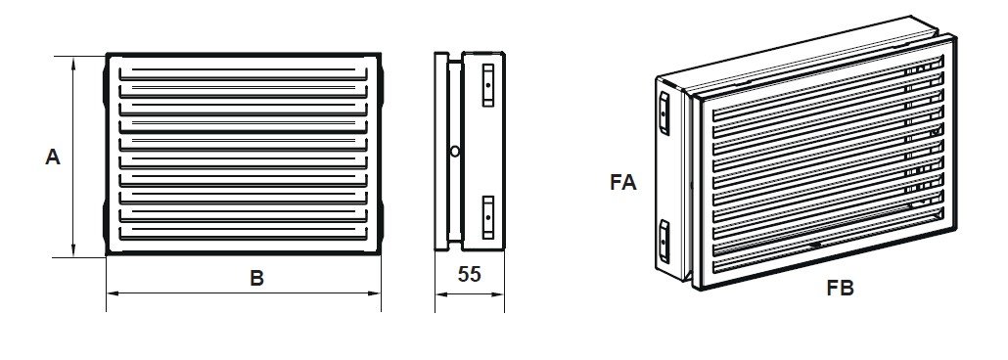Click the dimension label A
tap(53, 157)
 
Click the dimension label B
tap(256, 278)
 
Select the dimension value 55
tap(470, 275)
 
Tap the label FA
tap(623, 183)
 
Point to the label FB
tap(841, 289)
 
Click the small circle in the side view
tap(454, 152)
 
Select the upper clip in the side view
tap(488, 85)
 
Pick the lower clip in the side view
tap(488, 217)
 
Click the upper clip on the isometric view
tap(664, 113)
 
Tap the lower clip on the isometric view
tap(664, 241)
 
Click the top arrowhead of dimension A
tap(74, 63)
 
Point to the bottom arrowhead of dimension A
tap(74, 250)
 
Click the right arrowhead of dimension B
tap(374, 293)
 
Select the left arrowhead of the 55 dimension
tap(442, 294)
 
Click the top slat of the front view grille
tap(243, 72)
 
